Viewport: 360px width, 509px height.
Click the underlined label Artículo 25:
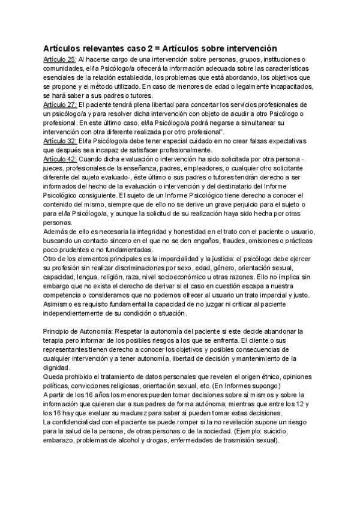click(x=59, y=60)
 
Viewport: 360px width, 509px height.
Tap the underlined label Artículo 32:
click(x=59, y=141)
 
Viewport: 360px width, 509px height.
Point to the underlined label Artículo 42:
click(x=59, y=159)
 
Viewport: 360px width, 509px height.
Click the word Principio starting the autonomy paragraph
click(x=59, y=331)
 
